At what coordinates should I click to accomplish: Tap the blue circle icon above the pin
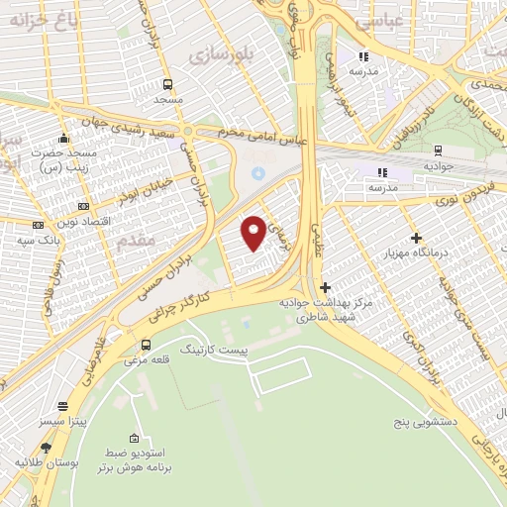click(258, 173)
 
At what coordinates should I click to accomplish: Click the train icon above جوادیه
click(437, 151)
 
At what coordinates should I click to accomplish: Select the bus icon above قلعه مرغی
click(147, 346)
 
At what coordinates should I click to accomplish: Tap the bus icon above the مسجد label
click(167, 84)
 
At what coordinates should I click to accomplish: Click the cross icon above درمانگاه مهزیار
click(416, 238)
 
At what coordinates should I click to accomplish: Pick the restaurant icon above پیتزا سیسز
click(63, 407)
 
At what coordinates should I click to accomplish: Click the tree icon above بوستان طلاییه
click(46, 448)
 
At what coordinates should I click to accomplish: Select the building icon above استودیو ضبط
click(136, 438)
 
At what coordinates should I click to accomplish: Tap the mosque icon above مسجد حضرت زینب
click(64, 138)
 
